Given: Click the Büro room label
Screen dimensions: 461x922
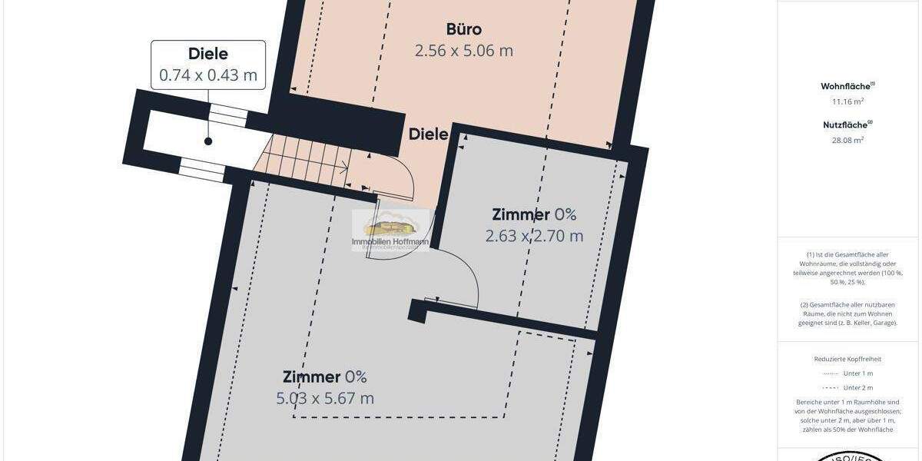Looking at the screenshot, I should pos(464,29).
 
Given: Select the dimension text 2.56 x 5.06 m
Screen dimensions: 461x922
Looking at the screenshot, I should pos(464,51).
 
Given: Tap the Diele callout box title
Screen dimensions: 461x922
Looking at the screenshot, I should pos(208,54).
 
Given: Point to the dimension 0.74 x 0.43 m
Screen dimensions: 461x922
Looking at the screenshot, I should pos(208,75).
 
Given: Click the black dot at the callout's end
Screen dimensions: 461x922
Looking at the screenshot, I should pos(208,141).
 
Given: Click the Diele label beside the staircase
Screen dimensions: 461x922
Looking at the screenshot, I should pos(428,134).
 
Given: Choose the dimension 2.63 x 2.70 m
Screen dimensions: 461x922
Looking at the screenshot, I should pos(534,236).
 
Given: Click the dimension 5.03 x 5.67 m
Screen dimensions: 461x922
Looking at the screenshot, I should pos(325,398).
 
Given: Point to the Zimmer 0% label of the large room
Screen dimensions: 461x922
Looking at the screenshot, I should pos(325,377).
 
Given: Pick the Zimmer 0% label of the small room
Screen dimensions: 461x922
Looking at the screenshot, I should pos(534,215).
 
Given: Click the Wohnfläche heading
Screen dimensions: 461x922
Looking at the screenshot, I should pos(847,86).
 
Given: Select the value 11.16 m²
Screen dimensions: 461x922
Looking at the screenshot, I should pos(847,101).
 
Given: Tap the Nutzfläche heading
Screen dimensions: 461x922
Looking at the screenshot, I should pos(847,124).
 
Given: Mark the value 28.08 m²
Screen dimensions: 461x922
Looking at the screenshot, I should pos(847,140).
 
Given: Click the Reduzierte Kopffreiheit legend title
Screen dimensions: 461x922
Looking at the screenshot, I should pos(847,359).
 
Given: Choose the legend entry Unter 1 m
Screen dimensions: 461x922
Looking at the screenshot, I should pos(857,373).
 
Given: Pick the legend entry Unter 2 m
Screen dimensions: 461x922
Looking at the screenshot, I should pos(857,388).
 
